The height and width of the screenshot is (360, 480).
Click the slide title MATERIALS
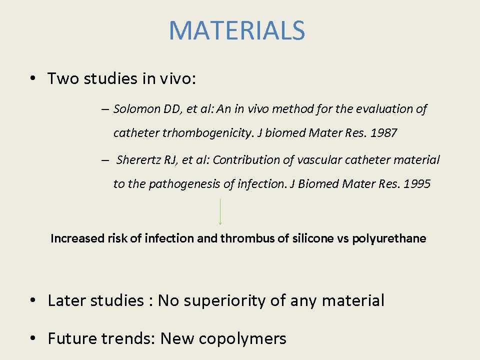[237, 30]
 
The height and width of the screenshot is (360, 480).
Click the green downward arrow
[220, 212]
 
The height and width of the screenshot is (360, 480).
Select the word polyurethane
[389, 239]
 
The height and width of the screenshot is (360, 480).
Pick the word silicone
[313, 238]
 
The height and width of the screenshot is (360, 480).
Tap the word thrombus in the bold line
[247, 238]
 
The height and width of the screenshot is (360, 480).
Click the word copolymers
[242, 339]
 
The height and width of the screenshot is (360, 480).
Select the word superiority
[224, 301]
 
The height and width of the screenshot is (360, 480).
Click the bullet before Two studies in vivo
[33, 78]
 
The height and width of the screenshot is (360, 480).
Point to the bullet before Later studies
[33, 300]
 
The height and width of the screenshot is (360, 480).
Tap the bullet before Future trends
[33, 338]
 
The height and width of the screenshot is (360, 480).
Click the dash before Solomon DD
[105, 109]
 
